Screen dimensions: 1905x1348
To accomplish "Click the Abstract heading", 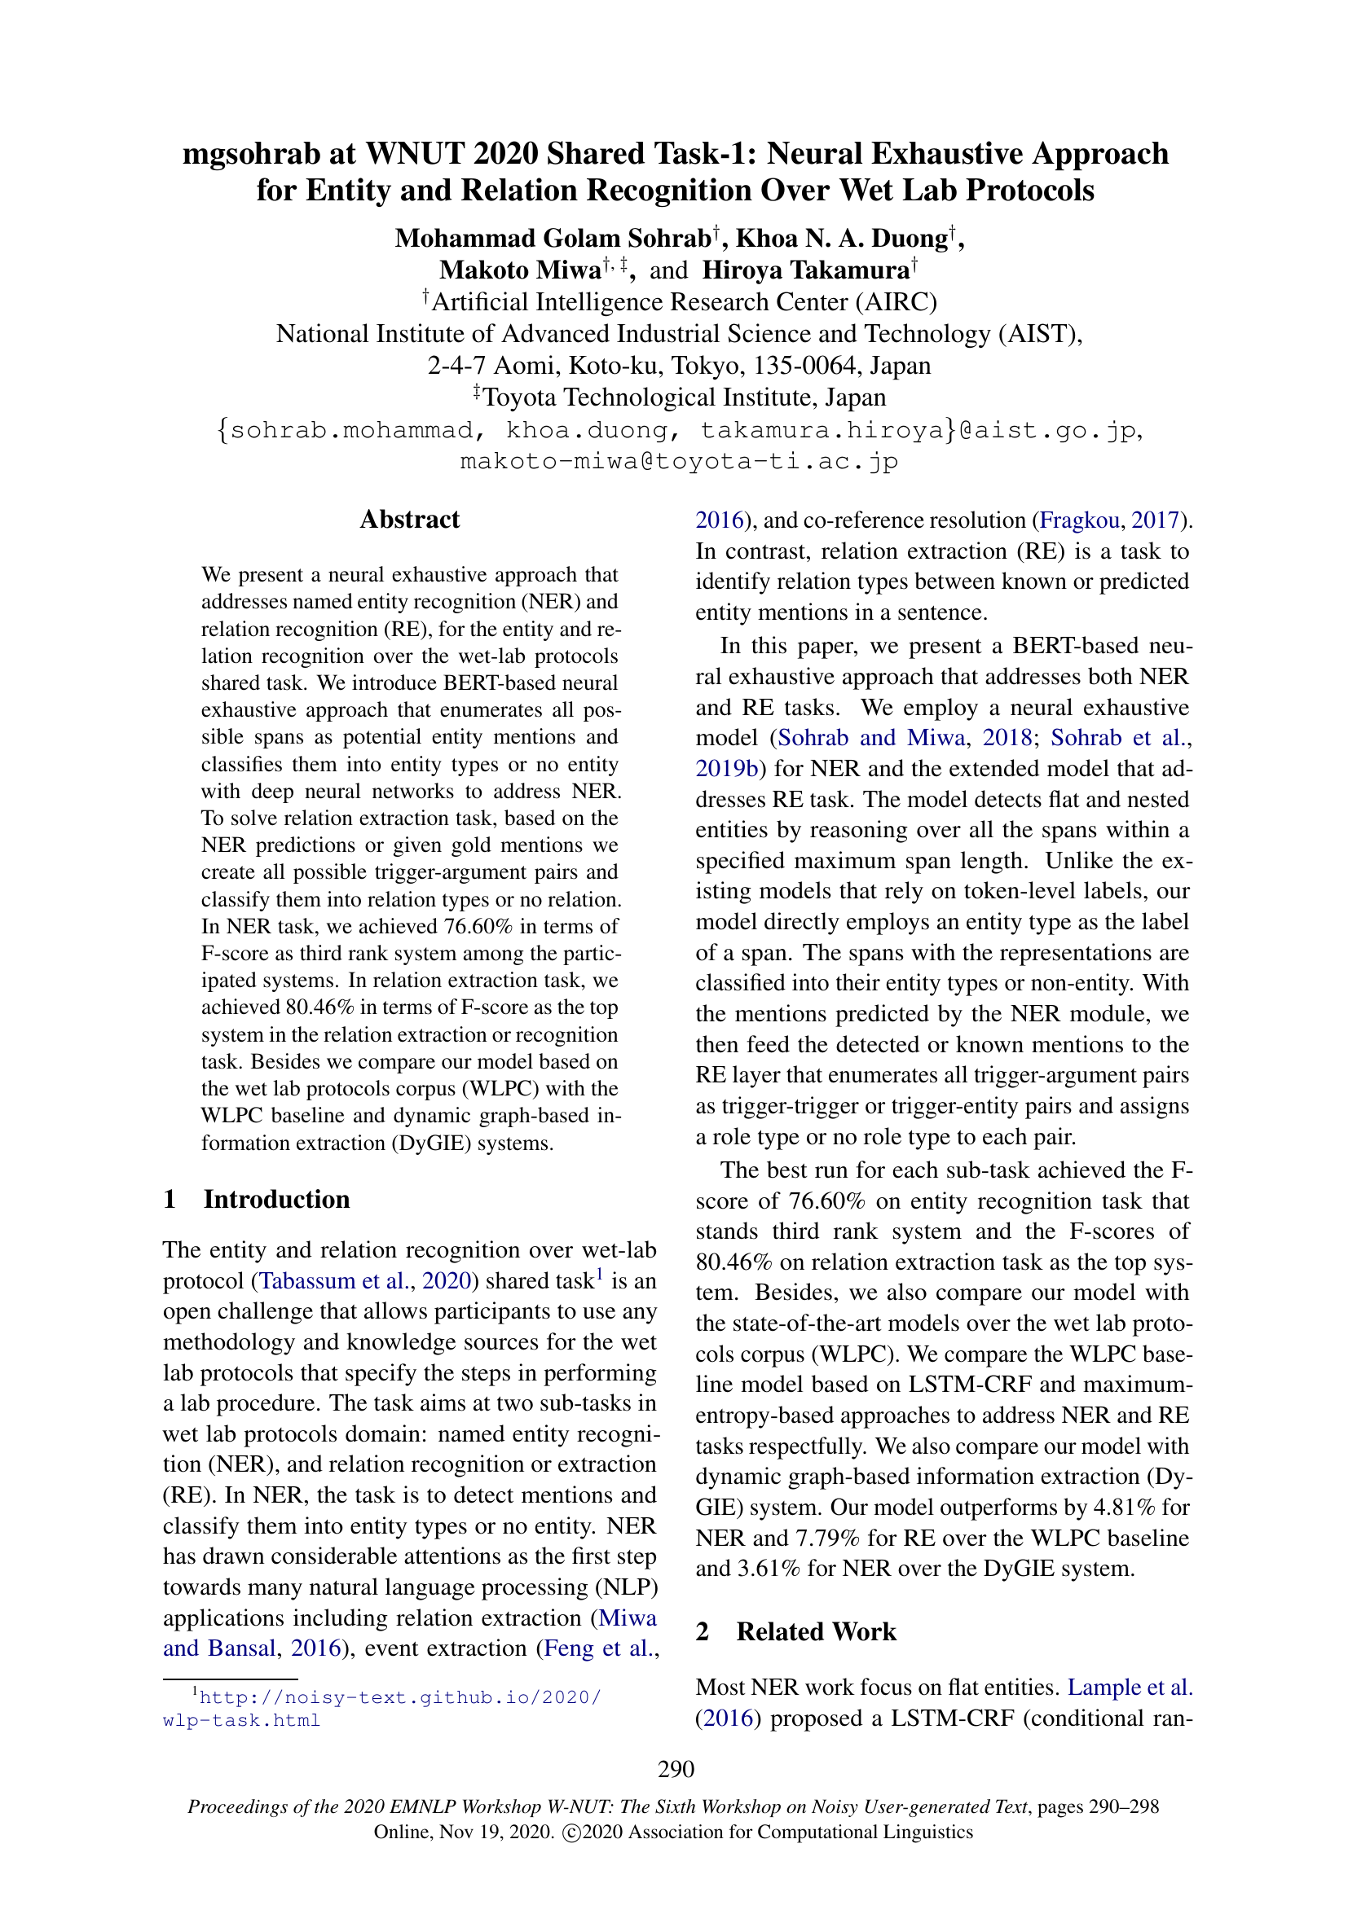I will [x=409, y=520].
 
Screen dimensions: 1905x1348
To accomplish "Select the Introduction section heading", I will [x=276, y=1199].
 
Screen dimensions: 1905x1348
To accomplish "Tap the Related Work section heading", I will [x=816, y=1631].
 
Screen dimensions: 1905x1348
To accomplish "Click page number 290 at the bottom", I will [x=676, y=1769].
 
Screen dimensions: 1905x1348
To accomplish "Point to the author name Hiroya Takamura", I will [x=805, y=270].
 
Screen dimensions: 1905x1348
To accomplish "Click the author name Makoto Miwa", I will [x=521, y=270].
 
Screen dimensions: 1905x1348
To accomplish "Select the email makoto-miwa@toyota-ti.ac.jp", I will [x=679, y=461].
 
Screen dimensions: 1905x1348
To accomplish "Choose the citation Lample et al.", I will [x=1129, y=1687].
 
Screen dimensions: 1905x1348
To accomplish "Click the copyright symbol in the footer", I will [x=570, y=1833].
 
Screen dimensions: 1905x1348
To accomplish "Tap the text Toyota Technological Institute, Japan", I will [x=684, y=397].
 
